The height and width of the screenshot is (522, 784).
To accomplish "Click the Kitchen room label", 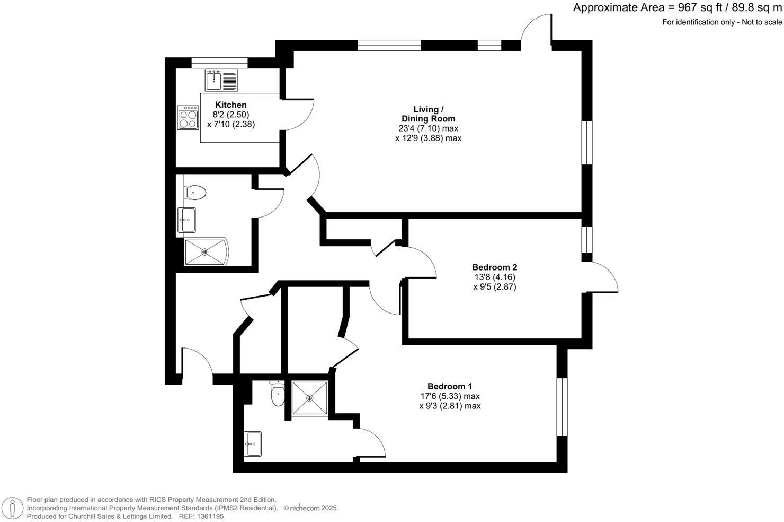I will [230, 105].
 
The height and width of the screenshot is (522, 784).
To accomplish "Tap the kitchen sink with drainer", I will [222, 81].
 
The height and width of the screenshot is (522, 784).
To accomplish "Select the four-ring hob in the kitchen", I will [188, 117].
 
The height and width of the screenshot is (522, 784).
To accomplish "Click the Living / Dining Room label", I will [428, 114].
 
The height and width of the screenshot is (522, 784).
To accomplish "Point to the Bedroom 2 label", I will [494, 267].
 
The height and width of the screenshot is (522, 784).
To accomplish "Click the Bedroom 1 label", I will [449, 386].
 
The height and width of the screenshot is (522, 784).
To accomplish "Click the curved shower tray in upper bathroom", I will [206, 252].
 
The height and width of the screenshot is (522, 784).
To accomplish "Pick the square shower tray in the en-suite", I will [309, 397].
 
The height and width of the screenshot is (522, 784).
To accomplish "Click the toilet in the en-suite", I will [277, 394].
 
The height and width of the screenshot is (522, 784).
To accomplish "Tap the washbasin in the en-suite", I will [253, 443].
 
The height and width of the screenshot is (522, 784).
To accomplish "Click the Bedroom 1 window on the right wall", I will [562, 407].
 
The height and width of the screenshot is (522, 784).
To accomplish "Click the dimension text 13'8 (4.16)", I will [494, 277].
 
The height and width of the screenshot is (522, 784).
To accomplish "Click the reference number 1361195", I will [209, 516].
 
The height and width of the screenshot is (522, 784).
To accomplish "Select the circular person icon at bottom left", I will [12, 508].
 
